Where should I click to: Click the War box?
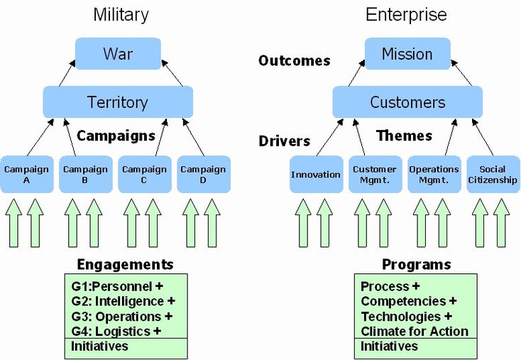coord(118,54)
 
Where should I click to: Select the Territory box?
coord(118,102)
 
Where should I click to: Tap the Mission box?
coord(407,54)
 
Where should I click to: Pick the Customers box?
coord(407,102)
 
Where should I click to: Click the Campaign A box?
coord(26,174)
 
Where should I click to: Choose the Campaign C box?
coord(144,174)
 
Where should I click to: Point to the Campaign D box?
coord(203,174)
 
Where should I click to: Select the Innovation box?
coord(316,174)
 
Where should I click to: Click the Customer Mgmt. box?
coord(375,174)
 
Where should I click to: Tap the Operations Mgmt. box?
coord(434,174)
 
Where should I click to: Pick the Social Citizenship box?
coord(493,174)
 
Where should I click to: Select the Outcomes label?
coord(294,60)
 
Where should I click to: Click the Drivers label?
coord(284,141)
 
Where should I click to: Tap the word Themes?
coord(404,136)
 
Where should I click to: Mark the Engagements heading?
coord(124,265)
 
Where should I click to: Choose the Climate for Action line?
coord(415,331)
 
